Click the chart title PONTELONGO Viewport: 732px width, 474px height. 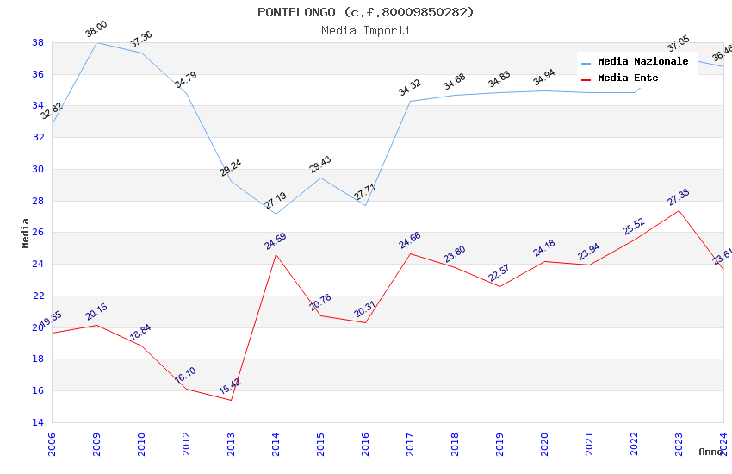tap(365, 12)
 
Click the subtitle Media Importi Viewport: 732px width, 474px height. tap(365, 30)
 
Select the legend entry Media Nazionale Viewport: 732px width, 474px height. tap(642, 62)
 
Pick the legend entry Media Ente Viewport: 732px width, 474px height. tap(628, 78)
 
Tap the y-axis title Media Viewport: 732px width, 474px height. tap(26, 233)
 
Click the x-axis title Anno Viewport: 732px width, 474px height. tap(710, 452)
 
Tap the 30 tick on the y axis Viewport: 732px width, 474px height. tap(38, 169)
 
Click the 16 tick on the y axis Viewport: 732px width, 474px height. tap(38, 391)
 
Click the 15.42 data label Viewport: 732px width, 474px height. tap(230, 386)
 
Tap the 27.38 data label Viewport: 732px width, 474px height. tap(679, 197)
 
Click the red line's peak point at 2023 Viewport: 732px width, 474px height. tap(679, 210)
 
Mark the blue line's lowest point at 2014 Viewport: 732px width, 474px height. tap(276, 214)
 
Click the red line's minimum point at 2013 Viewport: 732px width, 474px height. tap(231, 400)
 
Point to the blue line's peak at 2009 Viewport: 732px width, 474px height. tap(96, 42)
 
